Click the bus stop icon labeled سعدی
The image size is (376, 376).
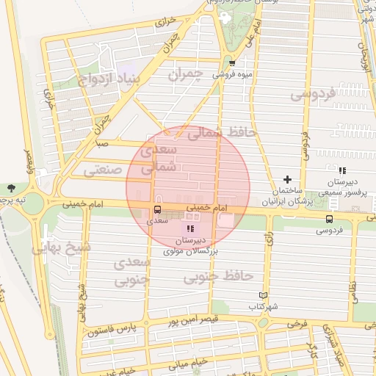(157, 210)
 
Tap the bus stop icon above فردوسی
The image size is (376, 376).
(328, 218)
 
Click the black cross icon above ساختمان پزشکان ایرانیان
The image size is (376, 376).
(287, 179)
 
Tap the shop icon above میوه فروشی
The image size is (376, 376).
(232, 63)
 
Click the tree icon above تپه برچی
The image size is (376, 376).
(10, 189)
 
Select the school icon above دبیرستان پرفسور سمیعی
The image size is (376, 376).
(341, 170)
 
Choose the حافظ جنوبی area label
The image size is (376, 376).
(217, 276)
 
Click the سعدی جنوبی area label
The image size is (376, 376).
(133, 270)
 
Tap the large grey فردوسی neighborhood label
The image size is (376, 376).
(312, 94)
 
